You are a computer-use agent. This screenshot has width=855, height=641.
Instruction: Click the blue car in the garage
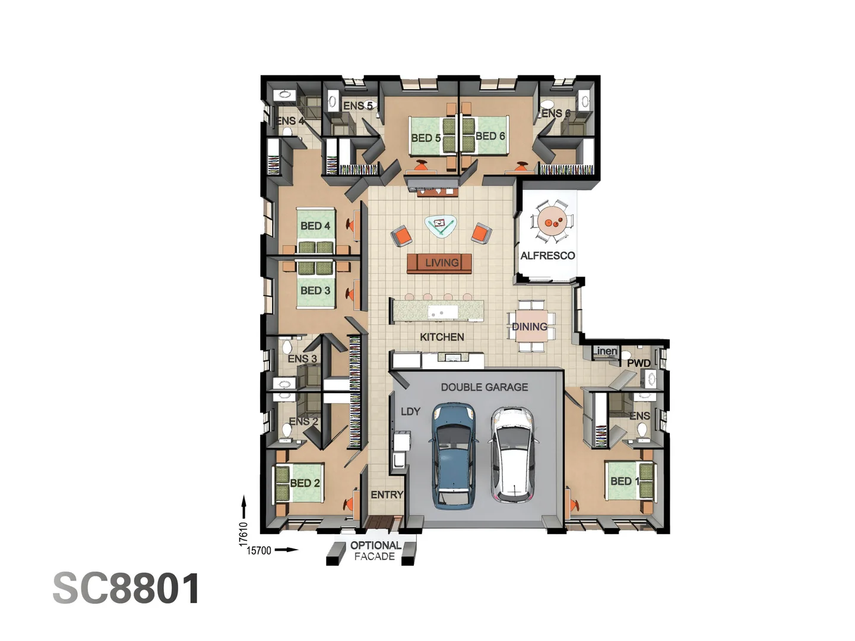[x=454, y=456]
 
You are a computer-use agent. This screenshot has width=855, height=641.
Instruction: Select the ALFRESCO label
[x=547, y=256]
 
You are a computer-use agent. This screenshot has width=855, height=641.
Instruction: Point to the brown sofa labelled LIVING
[x=439, y=263]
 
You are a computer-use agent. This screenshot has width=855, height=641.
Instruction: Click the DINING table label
[x=530, y=326]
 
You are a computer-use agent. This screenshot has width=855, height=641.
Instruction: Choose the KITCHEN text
[x=442, y=337]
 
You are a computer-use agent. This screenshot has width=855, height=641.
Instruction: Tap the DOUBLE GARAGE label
[x=484, y=387]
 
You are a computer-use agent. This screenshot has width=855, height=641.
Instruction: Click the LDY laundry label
[x=410, y=411]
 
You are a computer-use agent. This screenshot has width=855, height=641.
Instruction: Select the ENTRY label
[x=387, y=494]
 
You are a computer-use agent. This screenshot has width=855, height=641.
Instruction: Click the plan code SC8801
[x=126, y=588]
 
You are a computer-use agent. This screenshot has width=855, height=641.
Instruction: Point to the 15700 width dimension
[x=259, y=551]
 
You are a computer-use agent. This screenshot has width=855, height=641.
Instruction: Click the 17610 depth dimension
[x=243, y=534]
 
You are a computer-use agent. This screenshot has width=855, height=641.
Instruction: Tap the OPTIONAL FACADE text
[x=375, y=551]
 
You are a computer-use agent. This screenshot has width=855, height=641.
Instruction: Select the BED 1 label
[x=625, y=481]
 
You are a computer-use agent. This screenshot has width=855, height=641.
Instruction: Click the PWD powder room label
[x=639, y=363]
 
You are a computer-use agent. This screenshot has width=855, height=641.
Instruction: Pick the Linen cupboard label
[x=605, y=351]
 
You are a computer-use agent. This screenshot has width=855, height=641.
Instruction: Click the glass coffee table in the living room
[x=440, y=227]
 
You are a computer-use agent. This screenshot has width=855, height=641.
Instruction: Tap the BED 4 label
[x=315, y=226]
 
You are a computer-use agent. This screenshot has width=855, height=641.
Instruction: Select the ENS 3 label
[x=302, y=358]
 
